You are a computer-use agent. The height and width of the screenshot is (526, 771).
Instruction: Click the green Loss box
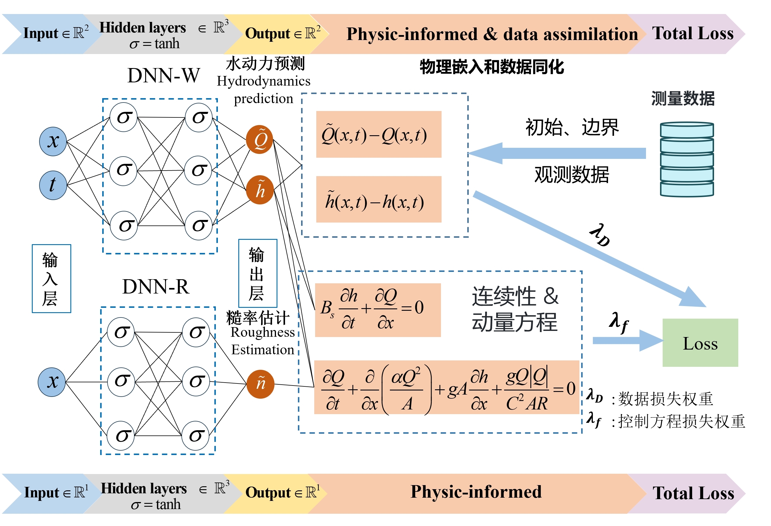pos(700,343)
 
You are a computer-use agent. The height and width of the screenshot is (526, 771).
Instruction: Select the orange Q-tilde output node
pos(259,139)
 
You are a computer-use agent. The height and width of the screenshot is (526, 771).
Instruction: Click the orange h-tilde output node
pos(260,190)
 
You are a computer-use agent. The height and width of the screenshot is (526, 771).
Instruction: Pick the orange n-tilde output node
pos(261,384)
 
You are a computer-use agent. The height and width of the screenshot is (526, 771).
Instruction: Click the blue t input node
pos(53,185)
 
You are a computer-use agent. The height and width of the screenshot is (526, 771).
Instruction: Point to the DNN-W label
pos(164,76)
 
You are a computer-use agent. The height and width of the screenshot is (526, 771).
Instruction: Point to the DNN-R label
pos(156,287)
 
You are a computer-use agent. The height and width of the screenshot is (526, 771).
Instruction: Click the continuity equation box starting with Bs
pos(378,310)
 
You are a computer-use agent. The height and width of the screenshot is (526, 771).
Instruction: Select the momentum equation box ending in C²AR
pos(446,388)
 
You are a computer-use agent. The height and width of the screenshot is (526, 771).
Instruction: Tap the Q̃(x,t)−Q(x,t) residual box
pos(378,134)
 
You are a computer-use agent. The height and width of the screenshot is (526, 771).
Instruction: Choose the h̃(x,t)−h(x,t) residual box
pos(378,199)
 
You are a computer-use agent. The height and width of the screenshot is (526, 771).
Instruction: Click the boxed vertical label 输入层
pos(51,279)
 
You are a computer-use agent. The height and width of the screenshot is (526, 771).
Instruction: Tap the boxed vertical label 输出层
pos(258,273)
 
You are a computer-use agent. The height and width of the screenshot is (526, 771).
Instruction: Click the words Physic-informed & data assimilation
pos(492,34)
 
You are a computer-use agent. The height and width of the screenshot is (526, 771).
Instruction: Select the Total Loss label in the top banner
pos(693,34)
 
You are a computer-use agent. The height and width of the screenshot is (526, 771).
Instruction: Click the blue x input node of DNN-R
pos(52,382)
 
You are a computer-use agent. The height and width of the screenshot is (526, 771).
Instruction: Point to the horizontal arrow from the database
pos(557,153)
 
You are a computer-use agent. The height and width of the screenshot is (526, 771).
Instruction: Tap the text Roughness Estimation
pos(263,341)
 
